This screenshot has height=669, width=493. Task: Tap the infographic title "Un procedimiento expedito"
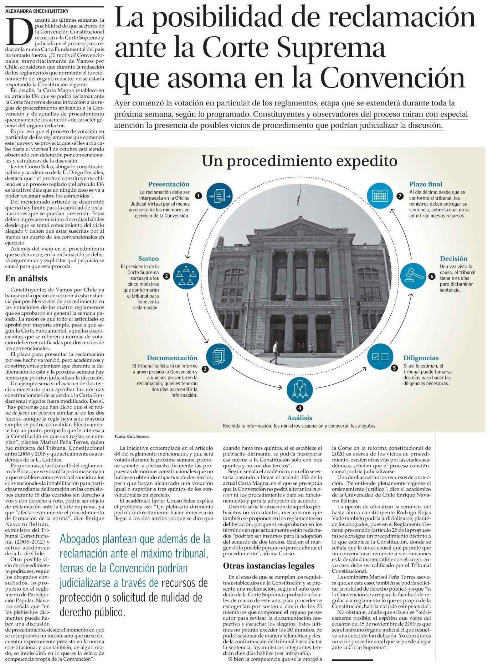click(299, 161)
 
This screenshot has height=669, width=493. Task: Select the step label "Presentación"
click(169, 184)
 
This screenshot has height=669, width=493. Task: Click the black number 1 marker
click(199, 195)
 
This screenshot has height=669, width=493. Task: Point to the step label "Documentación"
click(172, 358)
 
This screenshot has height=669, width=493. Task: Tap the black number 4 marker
click(300, 408)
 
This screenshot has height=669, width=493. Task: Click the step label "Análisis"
click(300, 417)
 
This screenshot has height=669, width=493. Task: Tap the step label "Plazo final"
click(426, 184)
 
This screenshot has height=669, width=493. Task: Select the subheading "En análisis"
click(26, 278)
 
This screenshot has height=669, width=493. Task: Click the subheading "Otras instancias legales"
click(269, 566)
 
